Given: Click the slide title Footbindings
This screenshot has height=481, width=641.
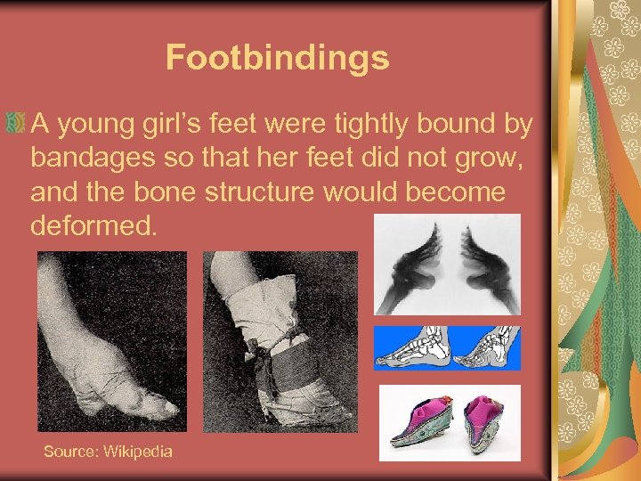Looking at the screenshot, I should [x=277, y=58].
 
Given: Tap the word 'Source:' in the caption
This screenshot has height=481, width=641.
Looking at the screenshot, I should [x=71, y=452].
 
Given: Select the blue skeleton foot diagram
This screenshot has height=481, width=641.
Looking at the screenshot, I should [x=446, y=347].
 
